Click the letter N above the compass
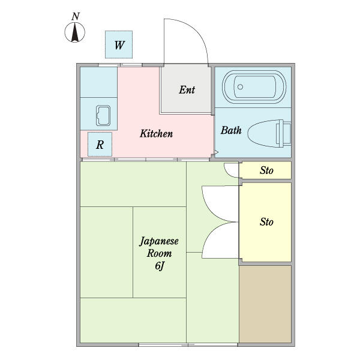pos(76,17)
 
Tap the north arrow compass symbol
pos(75,32)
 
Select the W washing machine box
pos(119,44)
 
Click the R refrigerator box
pos(100,145)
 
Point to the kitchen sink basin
pos(103,116)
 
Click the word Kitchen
pos(156,134)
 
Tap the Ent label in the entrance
pos(187,90)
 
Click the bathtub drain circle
pos(241,87)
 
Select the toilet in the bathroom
pos(269,133)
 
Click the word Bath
pos(231,130)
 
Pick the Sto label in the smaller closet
pos(266,170)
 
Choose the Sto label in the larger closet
pos(266,222)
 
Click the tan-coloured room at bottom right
pos(265,304)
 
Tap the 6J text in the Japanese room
pos(160,266)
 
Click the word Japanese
pos(159,242)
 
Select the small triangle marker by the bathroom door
pos(216,152)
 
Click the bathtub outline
pos(254,87)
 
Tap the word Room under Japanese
pos(159,253)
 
